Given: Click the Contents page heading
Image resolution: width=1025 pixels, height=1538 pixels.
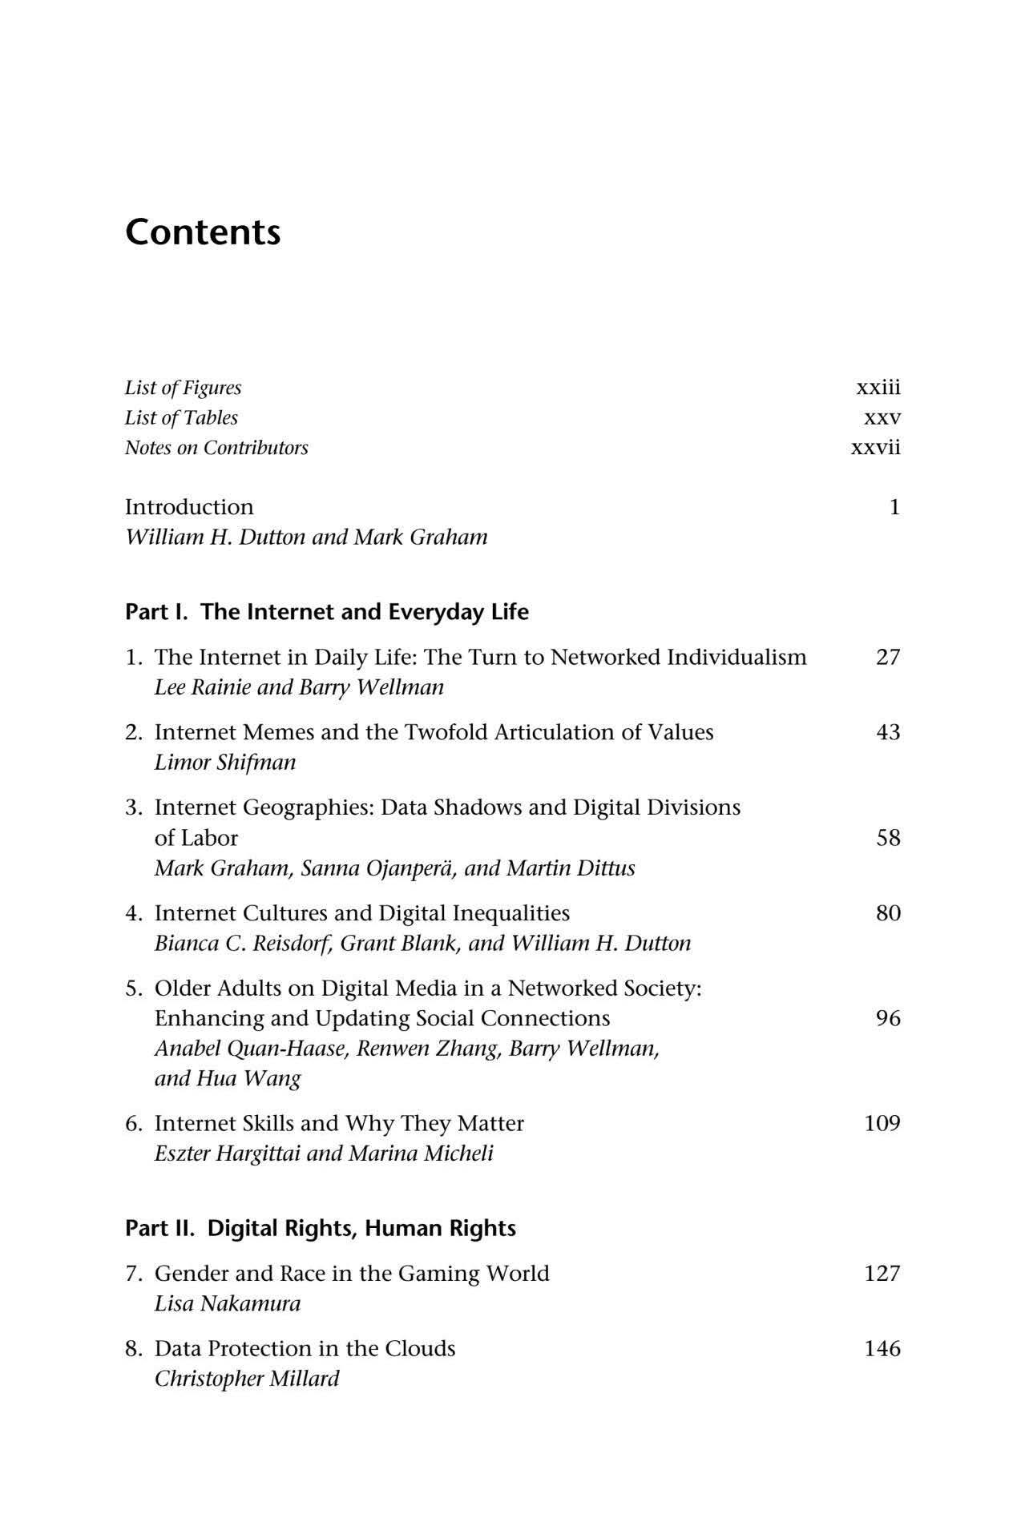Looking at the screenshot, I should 203,232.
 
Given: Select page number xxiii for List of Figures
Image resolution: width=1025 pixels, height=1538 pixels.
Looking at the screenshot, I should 878,388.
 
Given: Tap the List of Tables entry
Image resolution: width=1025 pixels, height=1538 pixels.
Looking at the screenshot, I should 181,417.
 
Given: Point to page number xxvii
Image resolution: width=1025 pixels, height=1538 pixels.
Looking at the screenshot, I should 875,447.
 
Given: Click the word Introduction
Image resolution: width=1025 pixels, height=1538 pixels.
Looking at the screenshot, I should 189,507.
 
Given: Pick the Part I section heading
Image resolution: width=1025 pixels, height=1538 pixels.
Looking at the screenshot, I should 326,612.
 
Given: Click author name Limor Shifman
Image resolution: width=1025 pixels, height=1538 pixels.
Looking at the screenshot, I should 224,762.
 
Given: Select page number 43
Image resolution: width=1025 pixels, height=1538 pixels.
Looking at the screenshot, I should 888,732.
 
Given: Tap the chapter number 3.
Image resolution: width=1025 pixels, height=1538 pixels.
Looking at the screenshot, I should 133,807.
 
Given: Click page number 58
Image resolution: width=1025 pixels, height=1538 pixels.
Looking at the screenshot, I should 888,838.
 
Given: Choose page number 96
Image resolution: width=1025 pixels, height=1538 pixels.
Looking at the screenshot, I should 888,1018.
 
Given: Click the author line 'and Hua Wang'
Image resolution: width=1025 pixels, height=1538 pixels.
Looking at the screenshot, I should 228,1078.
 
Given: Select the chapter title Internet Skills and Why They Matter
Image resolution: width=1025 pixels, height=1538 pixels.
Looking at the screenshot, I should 339,1123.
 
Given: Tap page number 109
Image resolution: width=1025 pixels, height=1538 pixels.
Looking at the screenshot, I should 882,1123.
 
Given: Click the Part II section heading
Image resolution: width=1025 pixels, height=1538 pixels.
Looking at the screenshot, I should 320,1229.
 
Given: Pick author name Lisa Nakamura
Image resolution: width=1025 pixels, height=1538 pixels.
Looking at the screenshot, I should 228,1303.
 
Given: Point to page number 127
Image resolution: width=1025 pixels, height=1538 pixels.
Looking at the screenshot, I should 882,1274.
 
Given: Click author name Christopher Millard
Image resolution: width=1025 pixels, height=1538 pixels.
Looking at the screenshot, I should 247,1379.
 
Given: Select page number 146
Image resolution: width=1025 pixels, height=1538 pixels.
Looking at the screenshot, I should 882,1349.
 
